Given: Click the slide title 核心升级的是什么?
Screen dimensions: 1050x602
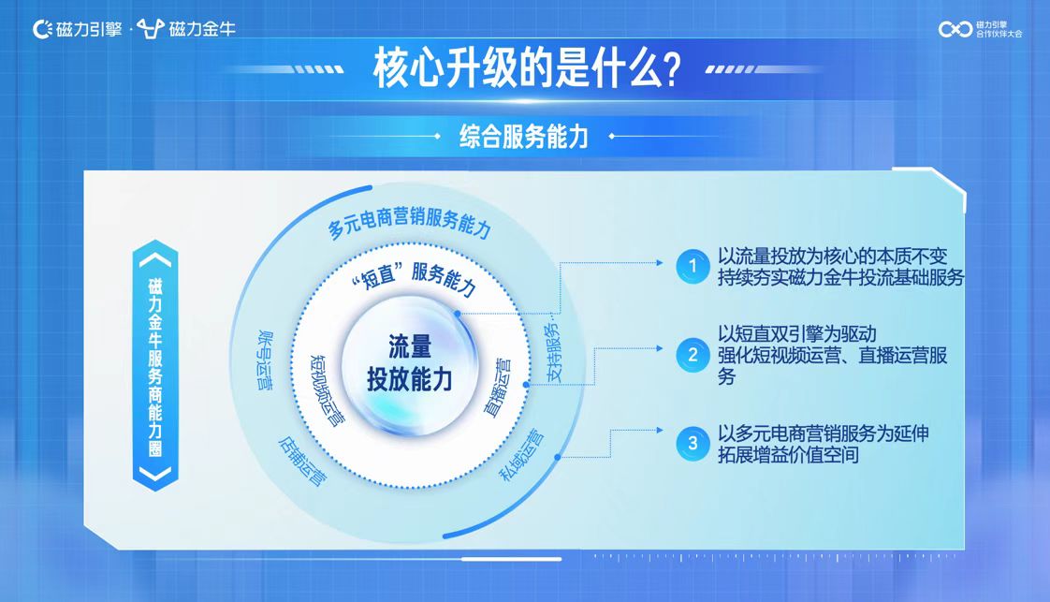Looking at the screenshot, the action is [527, 68].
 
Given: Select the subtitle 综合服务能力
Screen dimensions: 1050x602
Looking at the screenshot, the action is [524, 137].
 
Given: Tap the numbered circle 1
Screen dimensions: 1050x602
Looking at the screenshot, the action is [693, 266].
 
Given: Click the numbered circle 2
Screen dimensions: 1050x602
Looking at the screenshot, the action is [693, 354].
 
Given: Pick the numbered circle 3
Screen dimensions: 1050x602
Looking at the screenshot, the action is [693, 443].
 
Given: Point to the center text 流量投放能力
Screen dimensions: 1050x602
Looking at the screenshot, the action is [410, 362].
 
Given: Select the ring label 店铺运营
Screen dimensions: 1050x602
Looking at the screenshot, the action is [302, 462].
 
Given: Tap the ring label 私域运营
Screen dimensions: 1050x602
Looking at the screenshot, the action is [522, 455].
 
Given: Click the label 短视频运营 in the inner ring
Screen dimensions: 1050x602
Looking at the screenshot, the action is [328, 390].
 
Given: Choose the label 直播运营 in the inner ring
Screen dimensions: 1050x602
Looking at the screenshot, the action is [497, 388].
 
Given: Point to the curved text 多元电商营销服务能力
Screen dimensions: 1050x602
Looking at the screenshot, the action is [410, 222].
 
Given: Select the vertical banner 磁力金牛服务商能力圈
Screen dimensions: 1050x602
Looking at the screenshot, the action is [155, 366].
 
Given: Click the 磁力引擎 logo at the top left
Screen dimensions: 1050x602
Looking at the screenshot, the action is [78, 29].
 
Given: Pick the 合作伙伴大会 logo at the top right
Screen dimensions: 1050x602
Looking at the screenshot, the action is [981, 29].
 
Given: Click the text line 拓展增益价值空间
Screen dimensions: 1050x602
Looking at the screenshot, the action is [788, 455].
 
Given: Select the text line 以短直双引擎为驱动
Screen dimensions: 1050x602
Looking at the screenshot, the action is [797, 334].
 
